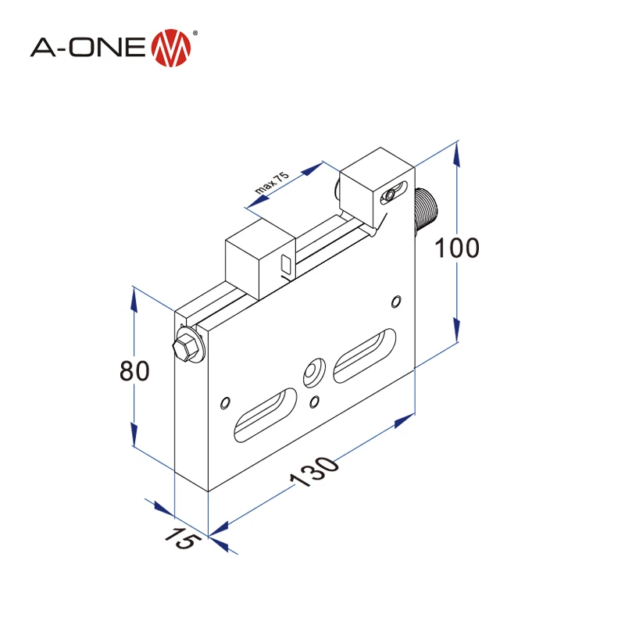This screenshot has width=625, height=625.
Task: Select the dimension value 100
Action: pos(456,248)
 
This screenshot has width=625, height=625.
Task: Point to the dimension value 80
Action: pos(134,371)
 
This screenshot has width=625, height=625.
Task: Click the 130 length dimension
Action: pos(316,472)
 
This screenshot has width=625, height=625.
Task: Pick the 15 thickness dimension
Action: pos(180,538)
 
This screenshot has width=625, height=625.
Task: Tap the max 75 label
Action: pos(272,184)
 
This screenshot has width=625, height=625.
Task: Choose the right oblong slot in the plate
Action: pos(363,355)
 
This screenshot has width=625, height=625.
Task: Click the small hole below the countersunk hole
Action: pos(315,402)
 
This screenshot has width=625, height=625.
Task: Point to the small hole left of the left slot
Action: pos(226,402)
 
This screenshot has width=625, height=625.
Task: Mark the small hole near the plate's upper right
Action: pos(397,301)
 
